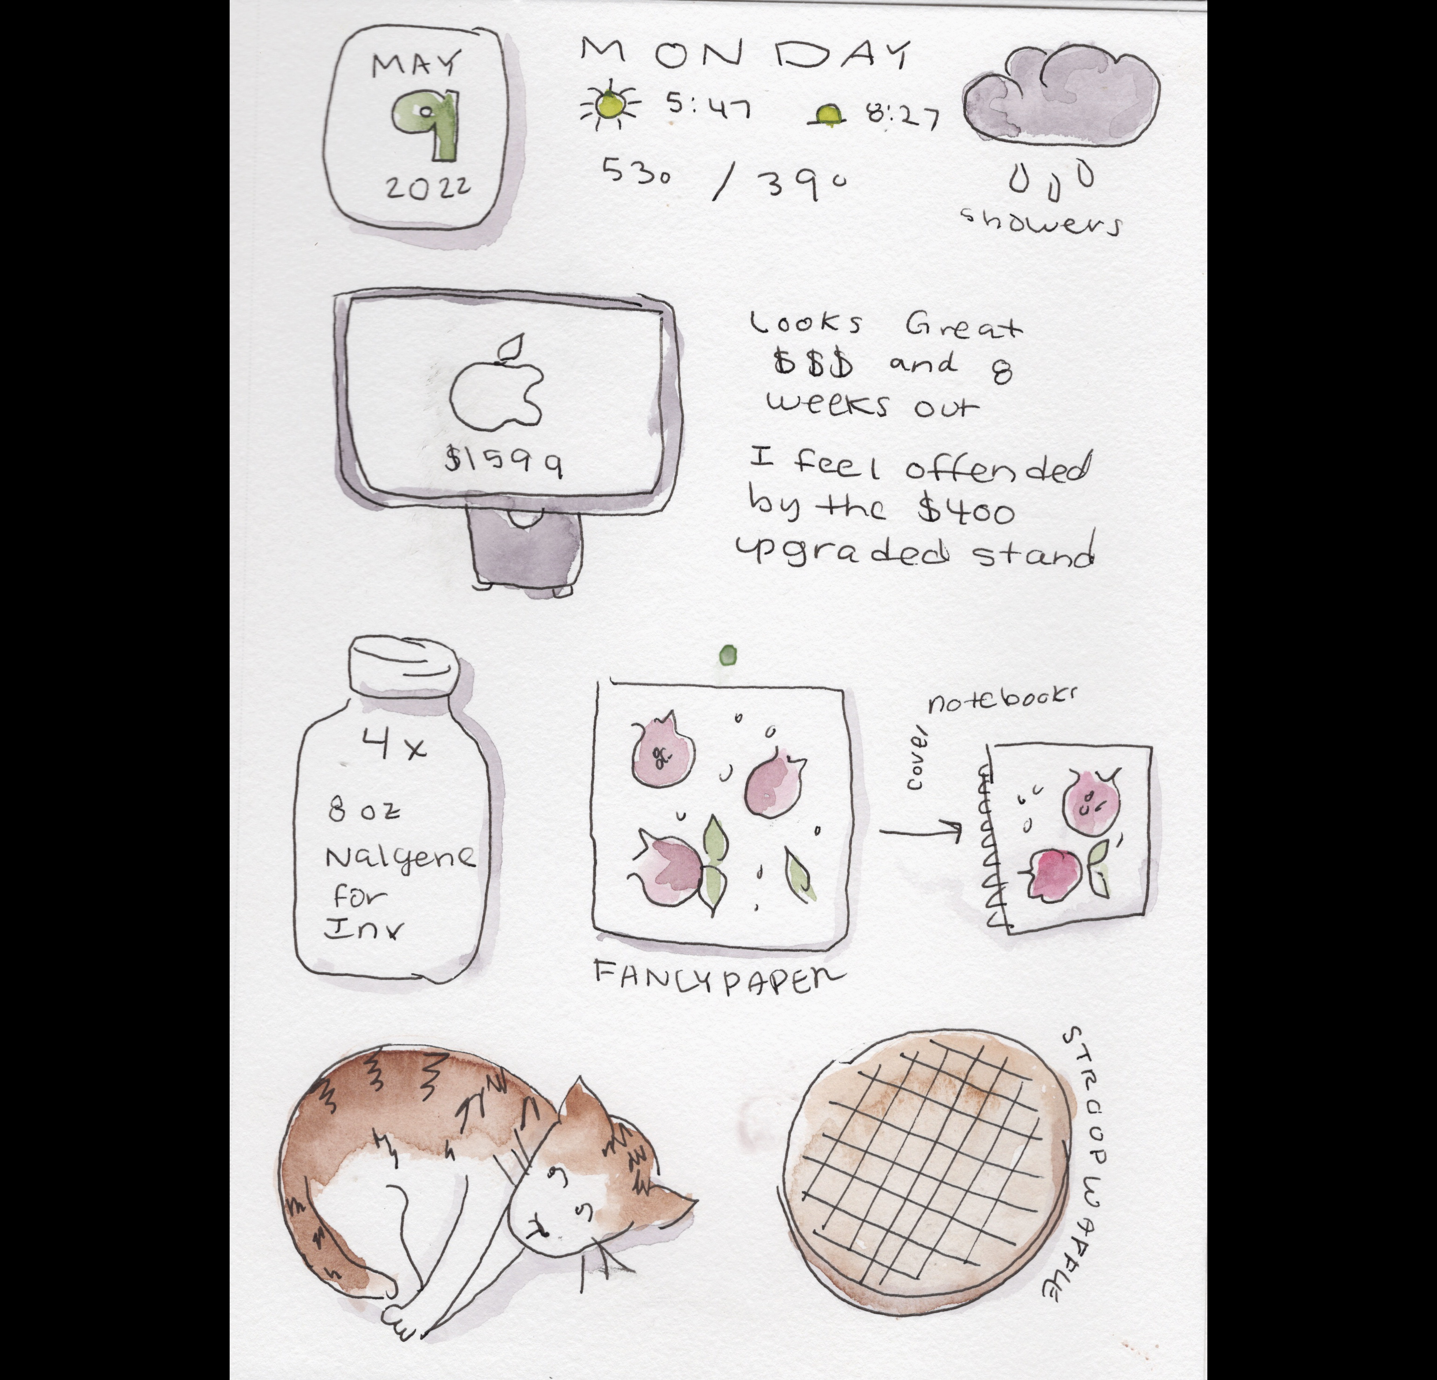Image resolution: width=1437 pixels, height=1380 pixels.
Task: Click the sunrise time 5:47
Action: pyautogui.click(x=708, y=109)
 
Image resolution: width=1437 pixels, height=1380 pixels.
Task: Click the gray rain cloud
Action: pyautogui.click(x=1061, y=96)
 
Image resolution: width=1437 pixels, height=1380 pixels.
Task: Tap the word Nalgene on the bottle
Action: pyautogui.click(x=400, y=856)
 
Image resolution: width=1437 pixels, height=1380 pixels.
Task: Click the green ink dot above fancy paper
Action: pyautogui.click(x=727, y=655)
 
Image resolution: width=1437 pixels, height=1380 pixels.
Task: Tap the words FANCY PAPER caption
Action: pyautogui.click(x=717, y=975)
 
